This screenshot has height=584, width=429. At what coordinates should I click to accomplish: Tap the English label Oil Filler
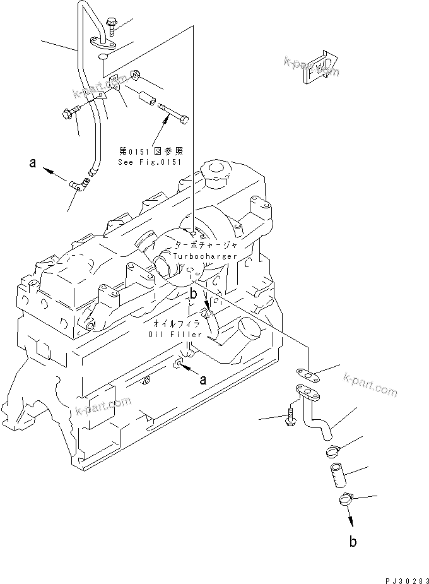tap(175, 334)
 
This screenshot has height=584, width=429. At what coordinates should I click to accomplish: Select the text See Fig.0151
tap(150, 162)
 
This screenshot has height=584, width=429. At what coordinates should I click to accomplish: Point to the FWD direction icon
tap(319, 66)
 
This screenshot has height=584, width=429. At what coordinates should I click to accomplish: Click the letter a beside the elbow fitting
tap(32, 164)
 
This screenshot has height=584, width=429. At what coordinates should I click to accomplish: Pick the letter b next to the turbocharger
tap(194, 294)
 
